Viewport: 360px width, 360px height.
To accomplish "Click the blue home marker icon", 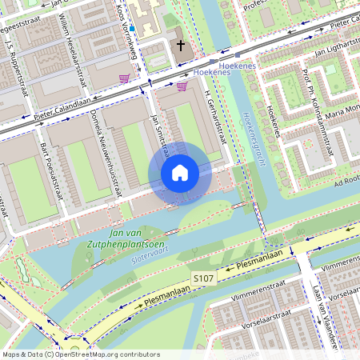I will click(180, 173).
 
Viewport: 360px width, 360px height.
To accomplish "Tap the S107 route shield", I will click(203, 278).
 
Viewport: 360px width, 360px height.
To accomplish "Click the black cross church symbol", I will click(181, 46).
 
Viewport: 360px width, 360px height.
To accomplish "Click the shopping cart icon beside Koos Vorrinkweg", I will click(124, 78).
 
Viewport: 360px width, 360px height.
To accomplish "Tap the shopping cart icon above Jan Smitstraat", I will click(182, 86).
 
